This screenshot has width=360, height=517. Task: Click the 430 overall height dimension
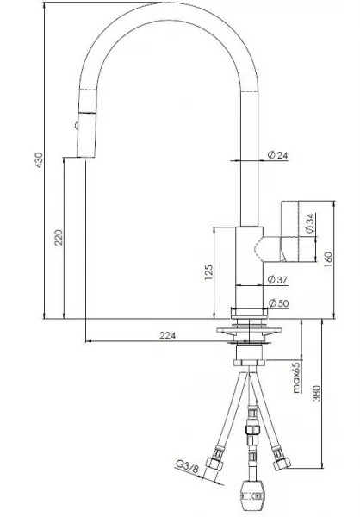click(40, 160)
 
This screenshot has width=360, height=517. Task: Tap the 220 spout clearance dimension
click(59, 238)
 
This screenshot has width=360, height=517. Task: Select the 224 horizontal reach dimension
click(168, 336)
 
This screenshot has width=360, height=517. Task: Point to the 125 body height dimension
click(209, 272)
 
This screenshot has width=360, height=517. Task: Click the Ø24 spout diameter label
click(277, 154)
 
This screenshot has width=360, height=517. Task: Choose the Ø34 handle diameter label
click(310, 223)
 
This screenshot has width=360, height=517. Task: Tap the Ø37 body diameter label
click(277, 279)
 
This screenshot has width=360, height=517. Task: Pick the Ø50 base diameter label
click(278, 303)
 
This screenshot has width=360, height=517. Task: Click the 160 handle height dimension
click(329, 260)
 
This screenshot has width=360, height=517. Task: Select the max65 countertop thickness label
click(297, 377)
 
